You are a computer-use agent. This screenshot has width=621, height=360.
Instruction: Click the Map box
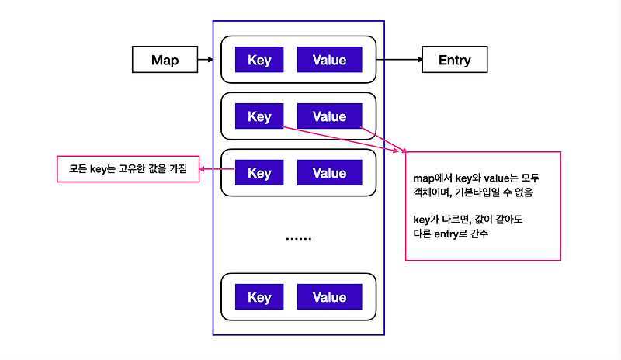coord(165,60)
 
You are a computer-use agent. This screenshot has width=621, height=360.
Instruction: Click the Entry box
coord(455,60)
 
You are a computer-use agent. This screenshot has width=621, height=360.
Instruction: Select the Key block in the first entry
coord(259,60)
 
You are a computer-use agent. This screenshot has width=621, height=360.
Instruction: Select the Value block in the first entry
coord(329,60)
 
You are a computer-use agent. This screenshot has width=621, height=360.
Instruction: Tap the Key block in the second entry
coord(259,116)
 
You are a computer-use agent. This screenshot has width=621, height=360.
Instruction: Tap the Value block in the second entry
coord(329,116)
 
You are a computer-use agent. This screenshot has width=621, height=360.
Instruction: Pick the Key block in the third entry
coord(259,172)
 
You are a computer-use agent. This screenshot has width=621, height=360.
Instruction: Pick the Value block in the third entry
coord(329,172)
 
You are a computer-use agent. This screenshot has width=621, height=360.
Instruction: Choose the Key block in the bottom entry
coord(259,296)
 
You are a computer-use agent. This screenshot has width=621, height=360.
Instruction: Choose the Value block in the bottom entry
coord(329,296)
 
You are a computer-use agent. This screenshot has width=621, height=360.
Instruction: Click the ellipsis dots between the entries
coord(298,238)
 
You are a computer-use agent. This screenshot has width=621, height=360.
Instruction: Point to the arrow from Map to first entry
coord(205,60)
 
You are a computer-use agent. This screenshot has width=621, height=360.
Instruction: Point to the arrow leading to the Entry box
coord(399,60)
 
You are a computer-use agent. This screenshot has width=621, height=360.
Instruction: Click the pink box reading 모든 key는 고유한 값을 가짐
coord(128,169)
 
